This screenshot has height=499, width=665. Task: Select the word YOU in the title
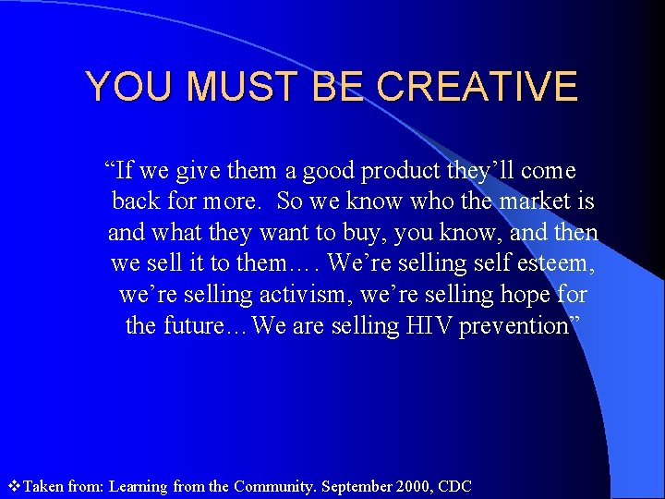click(x=127, y=87)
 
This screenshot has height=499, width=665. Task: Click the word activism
click(x=283, y=295)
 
